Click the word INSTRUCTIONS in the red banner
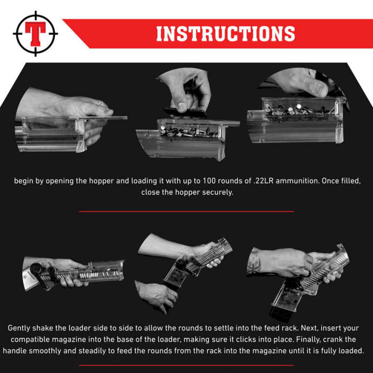(225, 34)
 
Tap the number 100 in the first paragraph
(209, 181)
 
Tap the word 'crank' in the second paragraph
(331, 339)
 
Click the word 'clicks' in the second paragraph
(239, 339)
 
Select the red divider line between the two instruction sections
(187, 211)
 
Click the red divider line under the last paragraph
(187, 365)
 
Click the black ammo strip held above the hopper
(185, 112)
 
